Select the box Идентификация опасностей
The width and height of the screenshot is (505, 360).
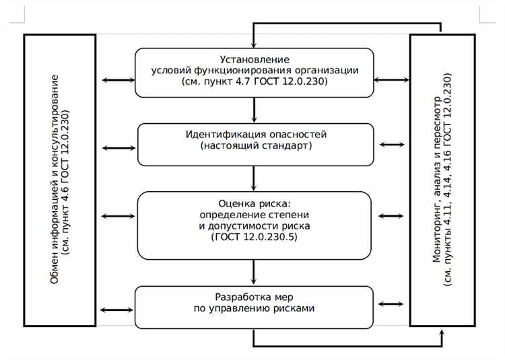(x=255, y=144)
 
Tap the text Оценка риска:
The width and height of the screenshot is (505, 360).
(x=254, y=203)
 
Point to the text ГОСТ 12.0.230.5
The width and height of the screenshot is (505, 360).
(x=255, y=237)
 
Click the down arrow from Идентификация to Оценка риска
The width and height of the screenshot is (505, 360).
(x=255, y=178)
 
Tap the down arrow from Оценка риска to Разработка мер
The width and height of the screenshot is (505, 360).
(x=255, y=273)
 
